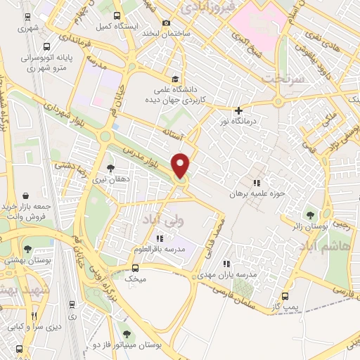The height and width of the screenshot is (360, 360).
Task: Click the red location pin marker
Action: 181,165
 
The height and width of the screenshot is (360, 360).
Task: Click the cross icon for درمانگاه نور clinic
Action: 240,110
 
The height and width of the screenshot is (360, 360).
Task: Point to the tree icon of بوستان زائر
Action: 309,214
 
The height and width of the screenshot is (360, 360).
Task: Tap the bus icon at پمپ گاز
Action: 285,296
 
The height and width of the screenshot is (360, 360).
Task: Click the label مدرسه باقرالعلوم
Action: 160,250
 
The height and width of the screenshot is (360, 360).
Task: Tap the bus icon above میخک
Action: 136,267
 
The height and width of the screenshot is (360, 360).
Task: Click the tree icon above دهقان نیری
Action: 110,167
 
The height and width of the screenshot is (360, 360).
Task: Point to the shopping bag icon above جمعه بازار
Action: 26,195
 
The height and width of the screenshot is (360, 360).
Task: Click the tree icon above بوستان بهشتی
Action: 27,248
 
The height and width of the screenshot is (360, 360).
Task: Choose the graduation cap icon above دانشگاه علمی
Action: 174,78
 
